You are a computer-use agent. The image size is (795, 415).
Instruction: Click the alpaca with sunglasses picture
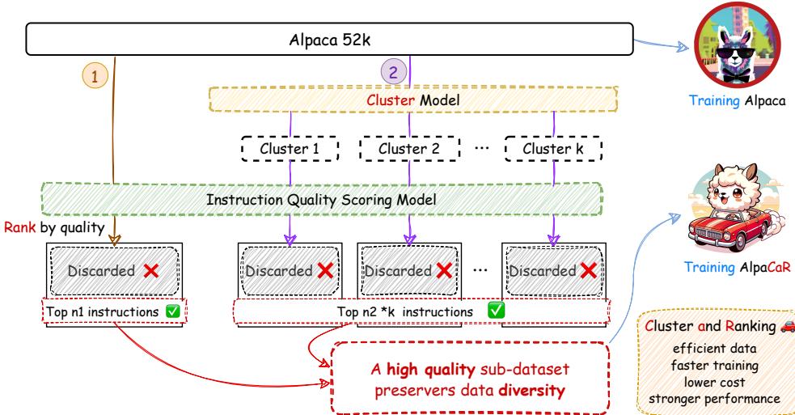(726, 48)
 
